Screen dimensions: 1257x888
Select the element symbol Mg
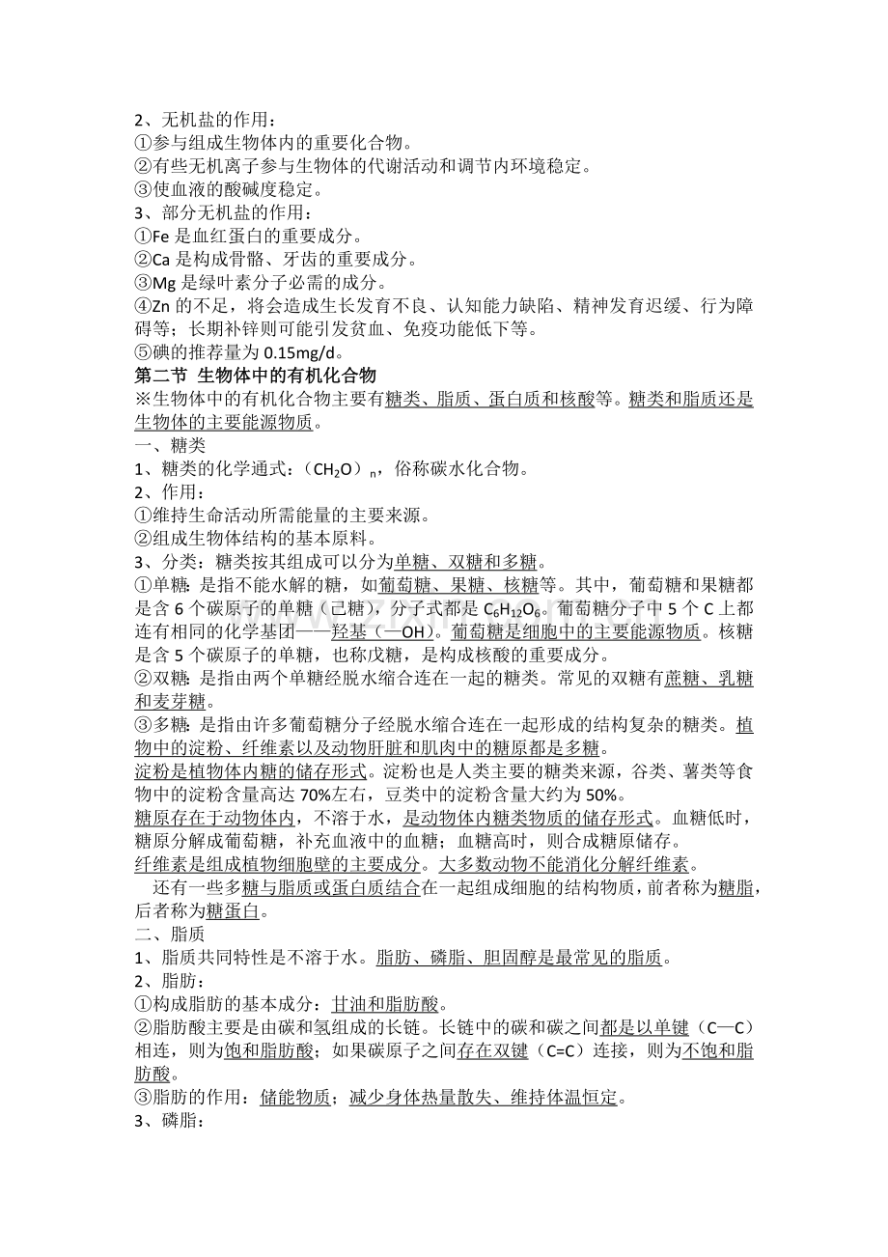(x=154, y=283)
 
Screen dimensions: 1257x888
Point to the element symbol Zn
(x=153, y=306)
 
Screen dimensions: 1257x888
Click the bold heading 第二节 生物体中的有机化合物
(x=255, y=376)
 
